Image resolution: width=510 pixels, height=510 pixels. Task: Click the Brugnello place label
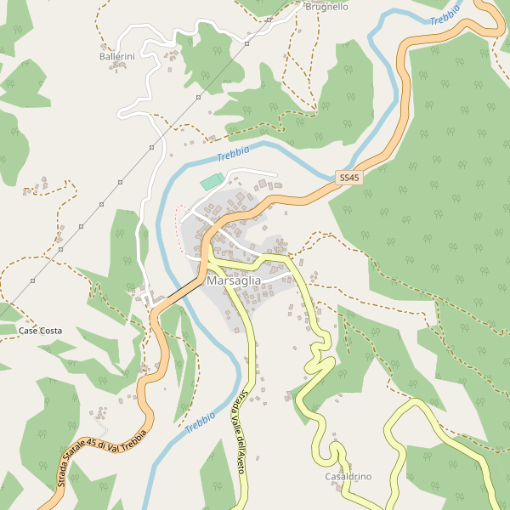click(x=326, y=7)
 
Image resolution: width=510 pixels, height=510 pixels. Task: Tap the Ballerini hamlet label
click(x=117, y=56)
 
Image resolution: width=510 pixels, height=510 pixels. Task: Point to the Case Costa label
click(x=41, y=330)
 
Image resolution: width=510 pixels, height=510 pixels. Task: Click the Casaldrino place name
click(x=348, y=477)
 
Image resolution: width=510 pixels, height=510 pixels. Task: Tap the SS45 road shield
click(x=349, y=178)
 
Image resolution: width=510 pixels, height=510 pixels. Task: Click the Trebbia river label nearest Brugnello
click(x=445, y=15)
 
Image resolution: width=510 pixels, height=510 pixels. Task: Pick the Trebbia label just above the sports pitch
click(x=233, y=154)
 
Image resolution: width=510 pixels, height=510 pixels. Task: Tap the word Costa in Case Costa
click(x=51, y=330)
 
